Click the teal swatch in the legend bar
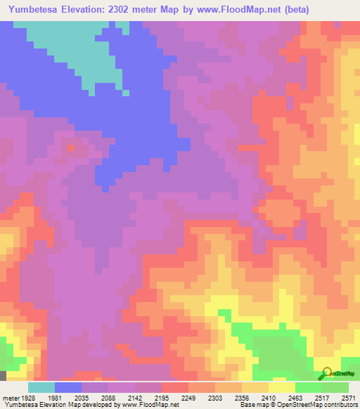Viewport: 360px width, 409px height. point(41,387)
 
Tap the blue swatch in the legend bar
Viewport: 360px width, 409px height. point(68,387)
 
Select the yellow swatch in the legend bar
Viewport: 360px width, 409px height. point(281,387)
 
